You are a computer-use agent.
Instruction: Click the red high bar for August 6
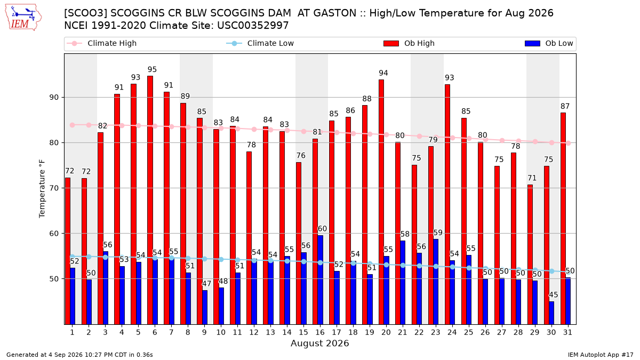click(x=150, y=200)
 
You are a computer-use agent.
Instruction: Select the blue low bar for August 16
click(x=321, y=279)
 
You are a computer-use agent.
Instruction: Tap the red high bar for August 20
click(x=381, y=202)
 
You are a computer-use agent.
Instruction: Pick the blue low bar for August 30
click(x=551, y=313)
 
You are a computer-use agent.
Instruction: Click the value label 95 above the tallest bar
click(x=152, y=69)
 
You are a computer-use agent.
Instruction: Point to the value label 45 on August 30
click(x=554, y=294)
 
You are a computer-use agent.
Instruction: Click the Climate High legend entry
click(x=101, y=43)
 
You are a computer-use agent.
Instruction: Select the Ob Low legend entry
click(x=549, y=43)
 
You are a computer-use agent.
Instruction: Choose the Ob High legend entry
click(x=409, y=43)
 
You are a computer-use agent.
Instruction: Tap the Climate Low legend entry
click(x=260, y=43)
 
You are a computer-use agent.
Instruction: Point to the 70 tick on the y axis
click(x=54, y=188)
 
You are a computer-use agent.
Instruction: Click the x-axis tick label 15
click(x=303, y=332)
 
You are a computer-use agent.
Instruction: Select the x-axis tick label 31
click(x=567, y=332)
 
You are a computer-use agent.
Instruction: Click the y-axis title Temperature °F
click(x=42, y=189)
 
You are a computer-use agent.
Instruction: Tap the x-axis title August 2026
click(x=319, y=343)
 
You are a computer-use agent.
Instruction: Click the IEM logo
click(x=23, y=18)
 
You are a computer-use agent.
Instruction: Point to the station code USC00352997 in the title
click(x=253, y=26)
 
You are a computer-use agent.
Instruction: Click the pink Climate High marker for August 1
click(x=73, y=125)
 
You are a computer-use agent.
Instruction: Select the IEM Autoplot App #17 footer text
click(x=601, y=355)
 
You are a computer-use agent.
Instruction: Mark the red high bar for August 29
click(x=530, y=254)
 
